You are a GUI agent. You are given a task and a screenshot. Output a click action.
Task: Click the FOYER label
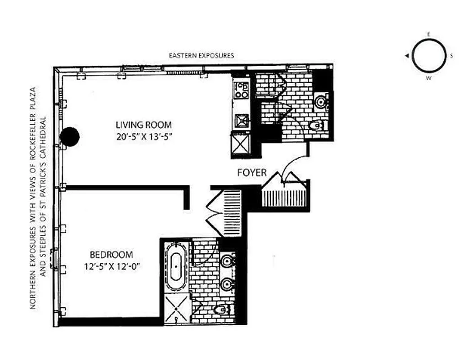(x=251, y=172)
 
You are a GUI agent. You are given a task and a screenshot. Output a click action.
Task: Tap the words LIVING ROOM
(x=144, y=125)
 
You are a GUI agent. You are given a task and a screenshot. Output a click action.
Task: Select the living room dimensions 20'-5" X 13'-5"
(x=144, y=136)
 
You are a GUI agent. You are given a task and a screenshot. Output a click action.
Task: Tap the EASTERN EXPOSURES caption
(x=201, y=56)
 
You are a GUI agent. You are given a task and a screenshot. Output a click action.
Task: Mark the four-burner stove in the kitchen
(x=242, y=90)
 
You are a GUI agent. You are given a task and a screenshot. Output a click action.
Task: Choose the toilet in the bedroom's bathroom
(x=222, y=309)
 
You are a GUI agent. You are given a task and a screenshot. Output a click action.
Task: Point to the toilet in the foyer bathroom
(x=318, y=125)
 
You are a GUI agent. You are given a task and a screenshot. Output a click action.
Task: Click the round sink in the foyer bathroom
(x=321, y=101)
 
